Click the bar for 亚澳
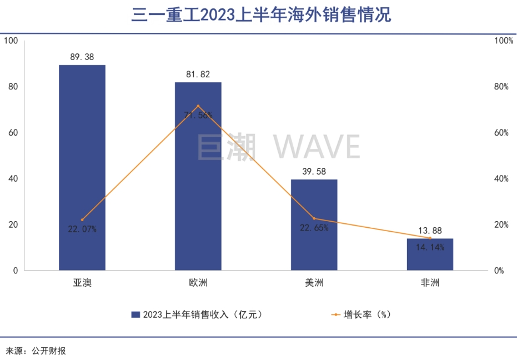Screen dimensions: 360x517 [x=82, y=167]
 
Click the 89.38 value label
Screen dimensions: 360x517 [x=82, y=56]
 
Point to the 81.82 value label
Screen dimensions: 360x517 [x=198, y=74]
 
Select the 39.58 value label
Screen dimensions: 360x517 [x=314, y=171]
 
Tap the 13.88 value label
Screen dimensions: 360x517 [x=430, y=231]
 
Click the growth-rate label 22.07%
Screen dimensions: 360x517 [x=82, y=229]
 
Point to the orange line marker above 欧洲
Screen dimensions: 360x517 [x=198, y=106]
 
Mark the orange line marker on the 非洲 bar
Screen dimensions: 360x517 [x=430, y=238]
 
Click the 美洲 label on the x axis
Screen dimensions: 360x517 [x=314, y=283]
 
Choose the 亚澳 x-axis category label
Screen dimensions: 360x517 [x=82, y=283]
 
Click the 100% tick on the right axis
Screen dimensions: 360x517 [x=504, y=41]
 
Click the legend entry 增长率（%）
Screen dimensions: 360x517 [x=361, y=314]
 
